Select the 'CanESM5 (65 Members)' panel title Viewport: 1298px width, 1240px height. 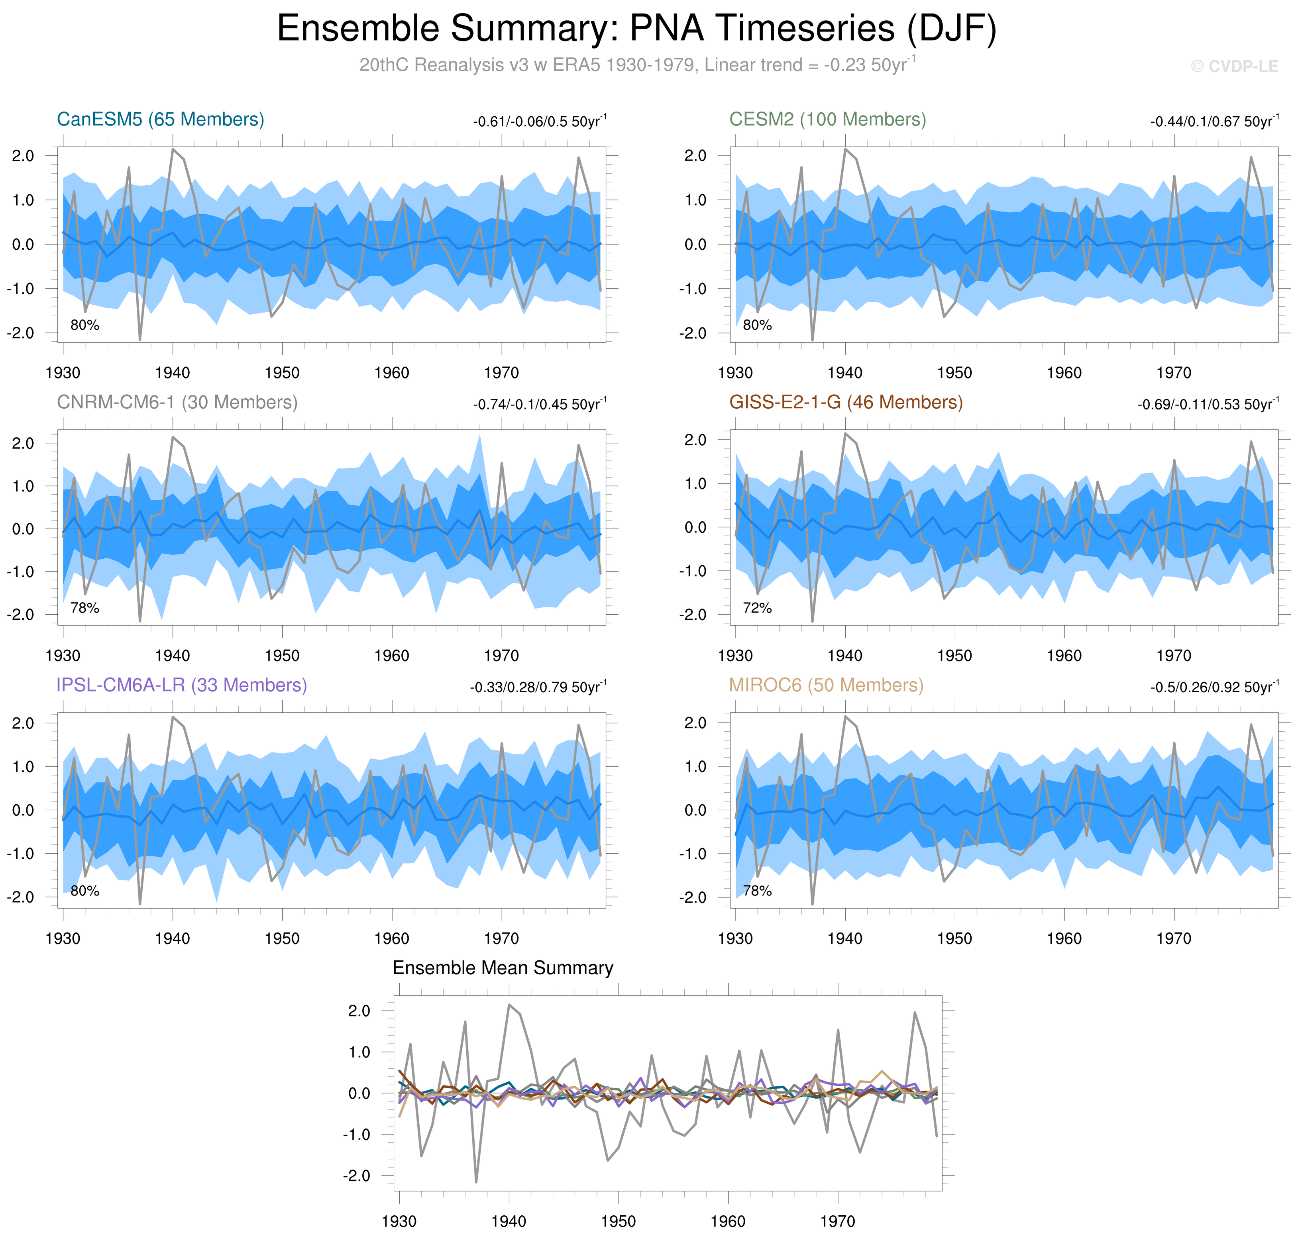[x=161, y=119]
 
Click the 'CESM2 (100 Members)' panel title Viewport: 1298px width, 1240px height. [x=827, y=119]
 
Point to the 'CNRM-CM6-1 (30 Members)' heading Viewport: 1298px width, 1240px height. [x=177, y=403]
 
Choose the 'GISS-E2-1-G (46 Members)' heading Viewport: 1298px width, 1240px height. [x=846, y=403]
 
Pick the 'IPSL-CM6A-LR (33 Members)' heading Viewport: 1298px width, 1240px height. [x=182, y=686]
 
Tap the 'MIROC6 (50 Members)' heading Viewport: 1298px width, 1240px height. [x=826, y=686]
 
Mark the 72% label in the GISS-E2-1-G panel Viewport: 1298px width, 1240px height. [x=757, y=608]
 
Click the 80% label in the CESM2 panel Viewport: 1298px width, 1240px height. [x=757, y=325]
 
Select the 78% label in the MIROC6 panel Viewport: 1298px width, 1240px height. [x=757, y=891]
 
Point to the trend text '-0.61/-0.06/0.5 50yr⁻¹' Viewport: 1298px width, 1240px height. [x=540, y=121]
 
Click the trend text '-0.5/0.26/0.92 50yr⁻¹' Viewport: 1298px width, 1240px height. [x=1214, y=688]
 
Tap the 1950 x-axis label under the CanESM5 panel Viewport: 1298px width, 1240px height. [x=282, y=373]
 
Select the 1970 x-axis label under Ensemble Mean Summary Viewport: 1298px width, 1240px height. [x=838, y=1222]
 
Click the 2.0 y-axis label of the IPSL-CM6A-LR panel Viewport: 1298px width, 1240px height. [x=23, y=723]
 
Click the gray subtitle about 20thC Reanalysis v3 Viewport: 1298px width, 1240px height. [x=637, y=65]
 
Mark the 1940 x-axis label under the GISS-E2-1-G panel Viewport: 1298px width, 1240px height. [x=845, y=656]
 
